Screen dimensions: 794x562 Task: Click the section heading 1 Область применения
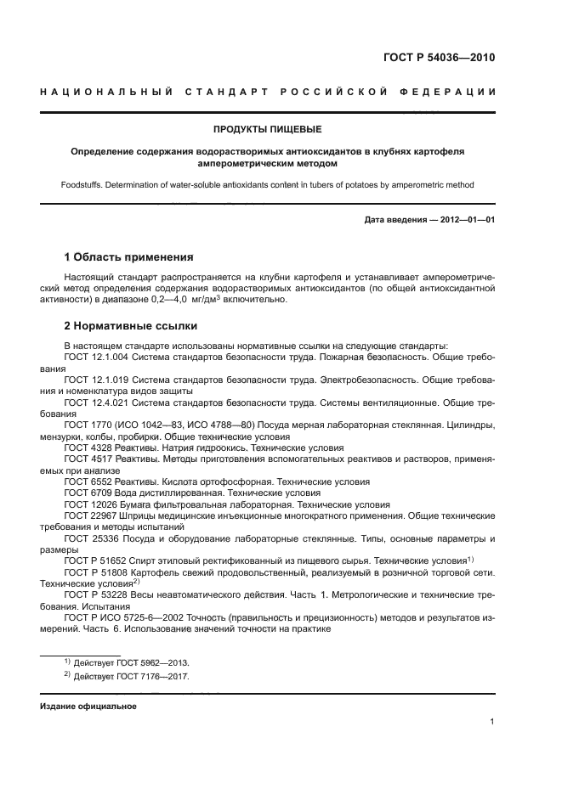click(x=129, y=256)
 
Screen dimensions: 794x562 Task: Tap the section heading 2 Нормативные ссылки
click(x=131, y=325)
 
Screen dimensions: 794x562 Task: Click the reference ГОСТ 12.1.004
click(x=96, y=358)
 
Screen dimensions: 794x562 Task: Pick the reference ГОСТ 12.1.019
click(x=96, y=380)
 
